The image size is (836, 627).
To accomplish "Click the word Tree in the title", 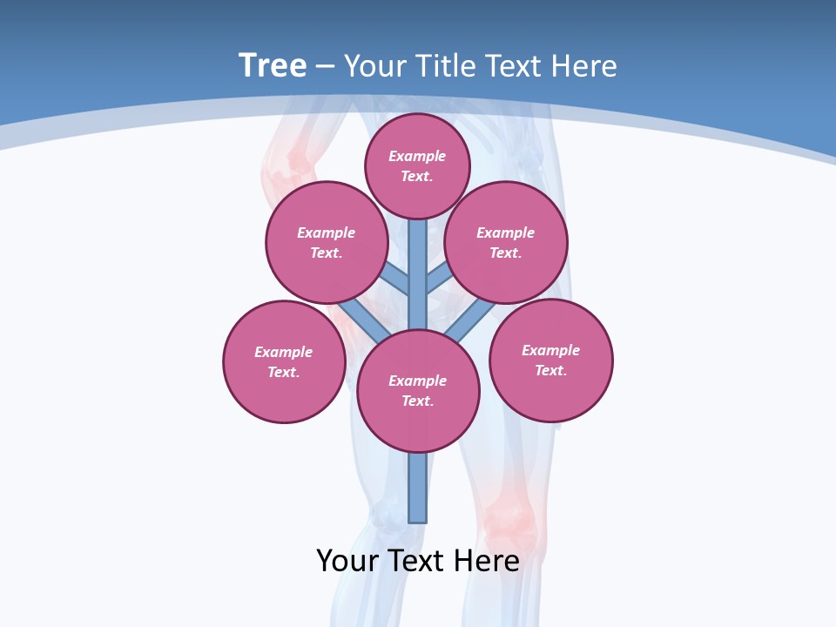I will coord(273,65).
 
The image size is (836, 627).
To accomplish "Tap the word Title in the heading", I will coord(444,66).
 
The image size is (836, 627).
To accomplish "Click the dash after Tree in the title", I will coord(325,67).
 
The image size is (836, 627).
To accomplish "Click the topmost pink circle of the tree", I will coord(417,165).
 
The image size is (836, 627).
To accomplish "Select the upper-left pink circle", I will coord(327,242).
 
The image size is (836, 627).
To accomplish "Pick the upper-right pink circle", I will coord(506,242).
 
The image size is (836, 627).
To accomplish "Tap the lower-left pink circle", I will coord(284,361).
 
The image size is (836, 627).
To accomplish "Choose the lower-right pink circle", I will coord(550,360).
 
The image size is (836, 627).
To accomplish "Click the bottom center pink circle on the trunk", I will coord(418,390).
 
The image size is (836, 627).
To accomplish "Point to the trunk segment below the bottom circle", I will coord(418,488).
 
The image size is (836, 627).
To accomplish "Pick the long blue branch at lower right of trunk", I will coord(470,320).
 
